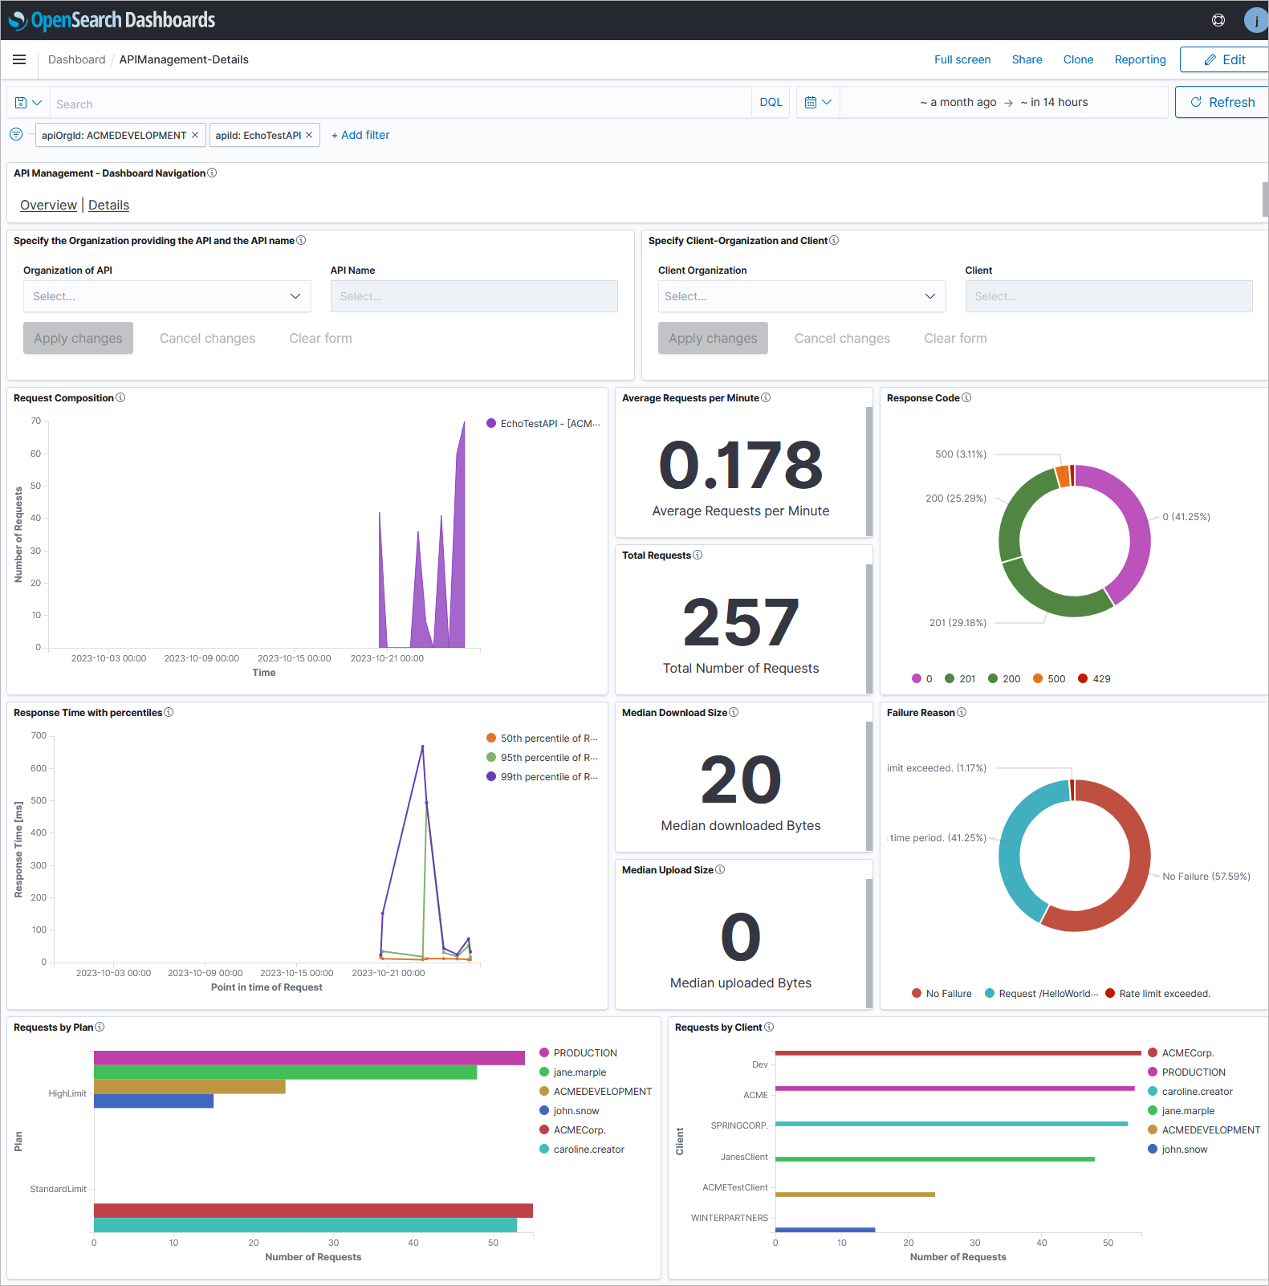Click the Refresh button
1222,102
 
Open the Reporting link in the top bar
1140,59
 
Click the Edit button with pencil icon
1224,59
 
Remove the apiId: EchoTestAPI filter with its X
309,135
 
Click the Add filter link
360,135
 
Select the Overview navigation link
48,205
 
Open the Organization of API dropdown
167,296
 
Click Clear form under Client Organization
955,338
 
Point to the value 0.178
740,466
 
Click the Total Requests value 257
740,623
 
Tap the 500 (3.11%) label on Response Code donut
960,454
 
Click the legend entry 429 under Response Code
1095,678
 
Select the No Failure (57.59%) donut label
1206,876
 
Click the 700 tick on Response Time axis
39,735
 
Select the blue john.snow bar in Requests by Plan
153,1101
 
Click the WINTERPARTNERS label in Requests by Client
729,1218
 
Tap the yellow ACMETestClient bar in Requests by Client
855,1194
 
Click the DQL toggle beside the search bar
771,102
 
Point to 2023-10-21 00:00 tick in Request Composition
387,658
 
